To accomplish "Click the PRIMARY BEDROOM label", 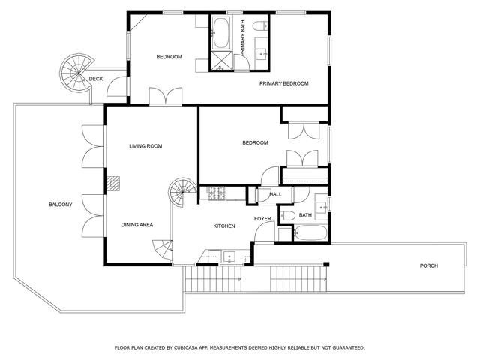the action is click(283, 83).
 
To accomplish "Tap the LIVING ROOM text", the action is click(145, 146).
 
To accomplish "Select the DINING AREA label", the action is click(136, 225).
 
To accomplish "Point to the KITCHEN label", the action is click(224, 226).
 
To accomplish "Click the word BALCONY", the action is click(60, 205).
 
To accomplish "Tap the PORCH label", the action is click(428, 265).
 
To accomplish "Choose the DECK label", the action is click(96, 79).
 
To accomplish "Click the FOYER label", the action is click(262, 218).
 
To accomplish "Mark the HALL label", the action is click(275, 194).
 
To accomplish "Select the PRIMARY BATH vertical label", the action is click(243, 38).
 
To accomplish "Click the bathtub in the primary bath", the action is click(220, 33).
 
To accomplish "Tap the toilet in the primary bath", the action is click(260, 25).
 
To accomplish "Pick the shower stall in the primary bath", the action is click(220, 61).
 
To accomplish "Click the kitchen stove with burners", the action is click(217, 193).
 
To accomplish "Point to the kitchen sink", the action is click(229, 256).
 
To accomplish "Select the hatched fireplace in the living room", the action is click(113, 184).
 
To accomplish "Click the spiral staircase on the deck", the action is click(76, 73).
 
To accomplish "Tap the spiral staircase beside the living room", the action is click(181, 192).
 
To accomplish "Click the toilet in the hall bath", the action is click(287, 215).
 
